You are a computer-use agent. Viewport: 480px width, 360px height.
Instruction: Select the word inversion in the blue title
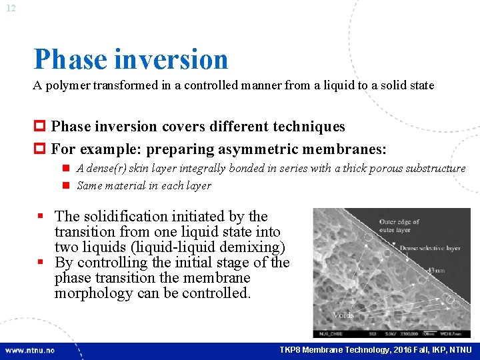[x=171, y=59]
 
